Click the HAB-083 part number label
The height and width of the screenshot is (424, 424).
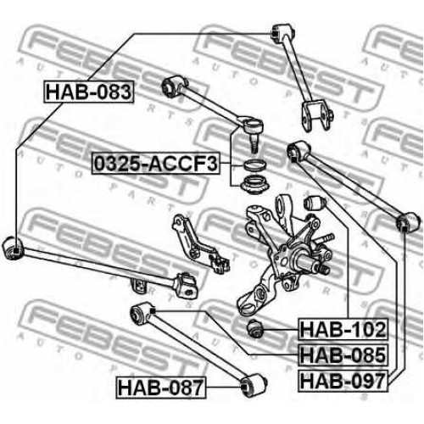coord(88,92)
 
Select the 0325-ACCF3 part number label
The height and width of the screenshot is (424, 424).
coord(156,164)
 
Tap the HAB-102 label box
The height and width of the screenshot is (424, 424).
coord(343,329)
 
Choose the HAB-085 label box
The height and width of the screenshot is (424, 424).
coord(343,355)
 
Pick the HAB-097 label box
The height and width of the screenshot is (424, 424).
coord(343,381)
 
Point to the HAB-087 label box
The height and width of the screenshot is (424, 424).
coord(160,388)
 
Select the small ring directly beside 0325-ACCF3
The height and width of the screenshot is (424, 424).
coord(254,165)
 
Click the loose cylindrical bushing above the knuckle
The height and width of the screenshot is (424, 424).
coord(315,203)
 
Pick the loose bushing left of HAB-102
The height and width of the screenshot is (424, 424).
coord(255,328)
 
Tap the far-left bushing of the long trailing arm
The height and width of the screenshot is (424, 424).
coord(13,248)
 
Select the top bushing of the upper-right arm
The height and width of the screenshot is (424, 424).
coord(283,34)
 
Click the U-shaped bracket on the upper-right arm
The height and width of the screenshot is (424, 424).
coord(316,115)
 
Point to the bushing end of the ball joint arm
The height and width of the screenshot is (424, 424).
coord(173,86)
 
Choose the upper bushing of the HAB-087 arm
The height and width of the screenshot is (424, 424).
coord(142,313)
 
